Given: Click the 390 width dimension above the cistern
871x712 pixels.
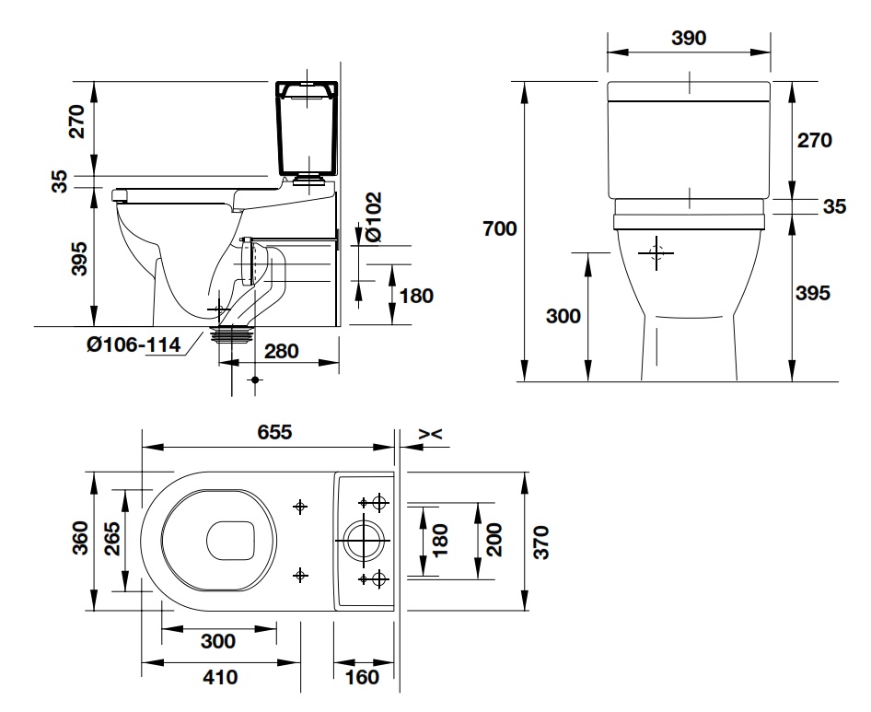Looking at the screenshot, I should point(689,38).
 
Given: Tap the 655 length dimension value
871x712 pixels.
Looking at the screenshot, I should point(269,432).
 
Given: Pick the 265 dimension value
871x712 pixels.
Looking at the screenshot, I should point(110,540).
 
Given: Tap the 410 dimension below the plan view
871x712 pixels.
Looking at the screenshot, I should point(220,677).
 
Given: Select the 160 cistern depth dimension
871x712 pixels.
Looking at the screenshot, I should point(365,677).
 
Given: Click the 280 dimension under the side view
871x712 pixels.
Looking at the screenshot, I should point(282,351).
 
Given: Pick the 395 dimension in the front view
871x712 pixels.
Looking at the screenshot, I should point(813,293).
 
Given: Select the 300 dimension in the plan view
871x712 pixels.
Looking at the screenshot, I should point(217,641).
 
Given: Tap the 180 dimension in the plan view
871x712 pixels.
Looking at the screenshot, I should point(440,542).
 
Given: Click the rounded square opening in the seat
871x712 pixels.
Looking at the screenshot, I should point(230,541).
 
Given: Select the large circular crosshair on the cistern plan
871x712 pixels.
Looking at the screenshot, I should point(366,541).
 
